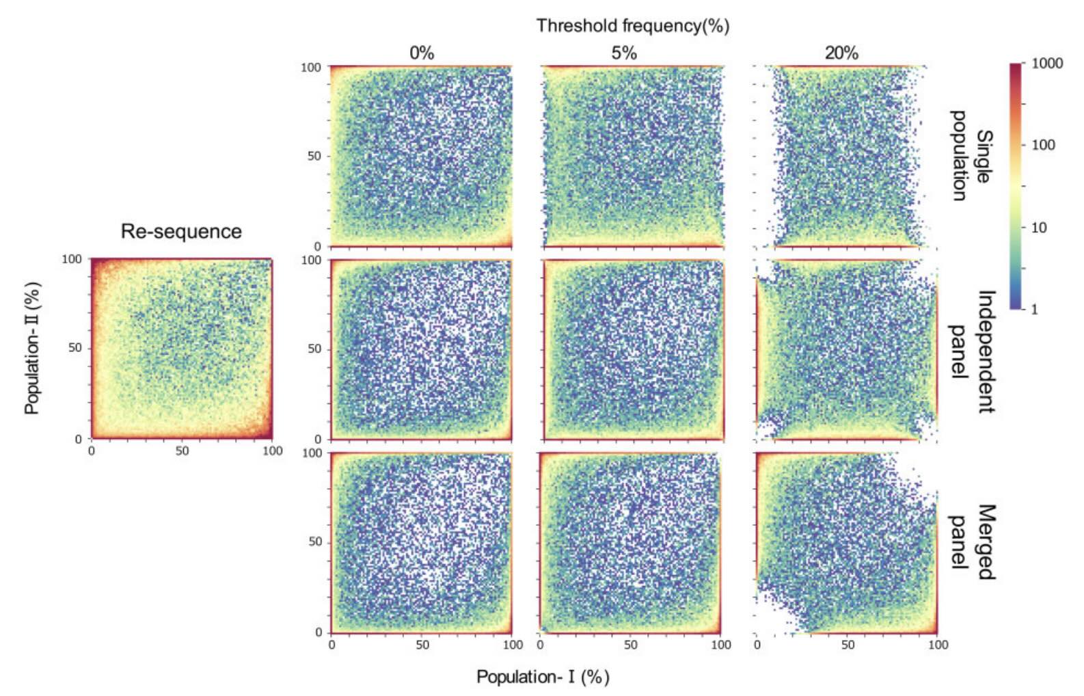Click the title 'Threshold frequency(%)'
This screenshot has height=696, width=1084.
(632, 26)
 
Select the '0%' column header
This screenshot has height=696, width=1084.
(422, 53)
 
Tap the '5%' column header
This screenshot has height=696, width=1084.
(624, 53)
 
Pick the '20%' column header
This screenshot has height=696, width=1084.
(841, 53)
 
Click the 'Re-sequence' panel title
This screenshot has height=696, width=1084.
(181, 231)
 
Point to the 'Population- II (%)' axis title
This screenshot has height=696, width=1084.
(32, 348)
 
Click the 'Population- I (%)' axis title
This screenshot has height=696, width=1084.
(543, 677)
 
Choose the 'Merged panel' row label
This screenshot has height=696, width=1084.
(973, 542)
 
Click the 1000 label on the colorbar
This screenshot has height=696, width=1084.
(1047, 64)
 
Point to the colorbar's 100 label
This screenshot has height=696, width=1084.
(1043, 145)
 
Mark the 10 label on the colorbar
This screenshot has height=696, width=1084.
(1039, 228)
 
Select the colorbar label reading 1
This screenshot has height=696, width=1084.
(1034, 309)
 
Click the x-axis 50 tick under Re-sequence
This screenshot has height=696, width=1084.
(182, 451)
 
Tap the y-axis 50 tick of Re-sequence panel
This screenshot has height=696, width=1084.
(75, 348)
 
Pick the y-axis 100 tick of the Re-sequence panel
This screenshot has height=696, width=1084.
(72, 259)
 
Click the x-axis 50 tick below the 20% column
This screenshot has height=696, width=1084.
(848, 645)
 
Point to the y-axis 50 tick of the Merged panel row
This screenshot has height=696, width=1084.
(315, 542)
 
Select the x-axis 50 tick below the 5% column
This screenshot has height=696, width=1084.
(630, 645)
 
